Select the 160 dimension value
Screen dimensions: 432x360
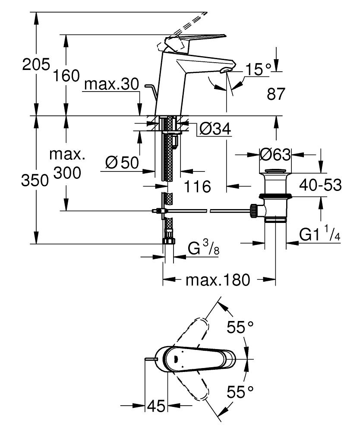(66, 76)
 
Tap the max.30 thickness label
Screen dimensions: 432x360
(111, 85)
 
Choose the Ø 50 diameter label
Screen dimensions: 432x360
(122, 162)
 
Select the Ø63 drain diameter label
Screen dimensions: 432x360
(275, 154)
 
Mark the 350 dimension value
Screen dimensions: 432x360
(35, 180)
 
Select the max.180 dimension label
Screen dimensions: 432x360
(218, 280)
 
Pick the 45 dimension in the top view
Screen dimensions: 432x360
(156, 406)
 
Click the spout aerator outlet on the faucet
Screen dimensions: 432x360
(225, 70)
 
